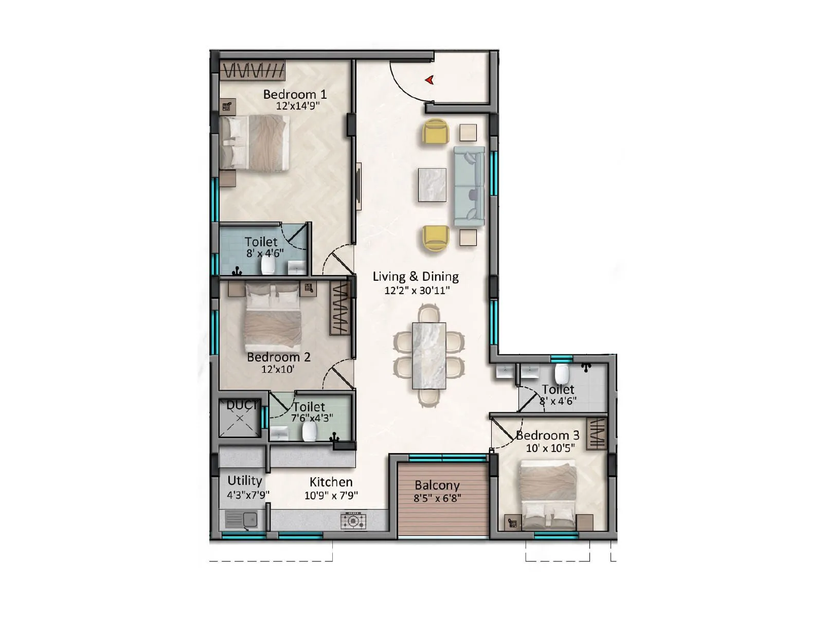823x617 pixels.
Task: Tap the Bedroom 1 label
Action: click(295, 94)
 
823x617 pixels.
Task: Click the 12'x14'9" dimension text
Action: click(298, 106)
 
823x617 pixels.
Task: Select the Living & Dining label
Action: click(416, 277)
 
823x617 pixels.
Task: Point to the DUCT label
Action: click(242, 405)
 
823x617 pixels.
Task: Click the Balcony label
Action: click(437, 485)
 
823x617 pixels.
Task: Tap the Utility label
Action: click(245, 480)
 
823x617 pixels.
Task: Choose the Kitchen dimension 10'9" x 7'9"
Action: click(331, 496)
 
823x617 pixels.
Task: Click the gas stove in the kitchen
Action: click(353, 520)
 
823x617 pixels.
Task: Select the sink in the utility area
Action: click(241, 519)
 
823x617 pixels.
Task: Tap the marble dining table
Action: click(429, 355)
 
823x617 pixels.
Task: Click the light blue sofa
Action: click(469, 186)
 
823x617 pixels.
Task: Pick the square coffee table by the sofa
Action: click(432, 185)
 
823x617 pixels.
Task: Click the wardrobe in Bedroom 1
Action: click(253, 70)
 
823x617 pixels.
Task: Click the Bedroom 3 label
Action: click(547, 435)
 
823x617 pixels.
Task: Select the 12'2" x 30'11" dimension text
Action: click(417, 291)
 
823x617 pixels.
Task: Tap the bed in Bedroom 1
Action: click(254, 142)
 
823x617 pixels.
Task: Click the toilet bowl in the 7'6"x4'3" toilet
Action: click(309, 432)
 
